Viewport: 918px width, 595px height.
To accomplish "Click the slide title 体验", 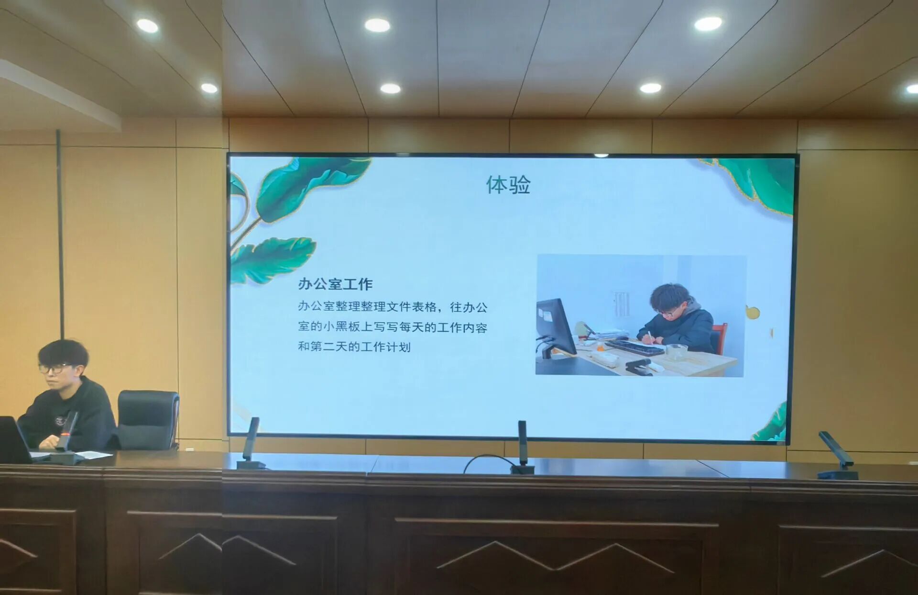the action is pyautogui.click(x=508, y=185).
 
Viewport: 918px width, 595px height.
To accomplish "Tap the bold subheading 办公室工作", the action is pyautogui.click(x=335, y=284).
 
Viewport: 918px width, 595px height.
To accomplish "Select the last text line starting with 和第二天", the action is pyautogui.click(x=354, y=346).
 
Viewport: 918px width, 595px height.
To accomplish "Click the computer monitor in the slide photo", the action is pyautogui.click(x=556, y=326).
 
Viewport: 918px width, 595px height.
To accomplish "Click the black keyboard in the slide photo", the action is pyautogui.click(x=634, y=347).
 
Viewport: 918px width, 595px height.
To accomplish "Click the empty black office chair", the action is pyautogui.click(x=148, y=420).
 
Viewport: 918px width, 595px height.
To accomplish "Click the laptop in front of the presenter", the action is pyautogui.click(x=14, y=439).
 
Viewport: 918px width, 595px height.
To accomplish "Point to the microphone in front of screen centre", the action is pyautogui.click(x=523, y=447).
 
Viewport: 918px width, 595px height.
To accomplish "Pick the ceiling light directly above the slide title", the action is pyautogui.click(x=391, y=89).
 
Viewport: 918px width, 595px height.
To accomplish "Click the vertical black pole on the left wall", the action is pyautogui.click(x=60, y=235).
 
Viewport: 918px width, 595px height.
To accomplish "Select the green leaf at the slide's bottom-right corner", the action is pyautogui.click(x=771, y=423).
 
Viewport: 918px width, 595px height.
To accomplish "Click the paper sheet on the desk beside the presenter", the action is pyautogui.click(x=93, y=454).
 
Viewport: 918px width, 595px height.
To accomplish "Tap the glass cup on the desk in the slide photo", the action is pyautogui.click(x=677, y=352).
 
